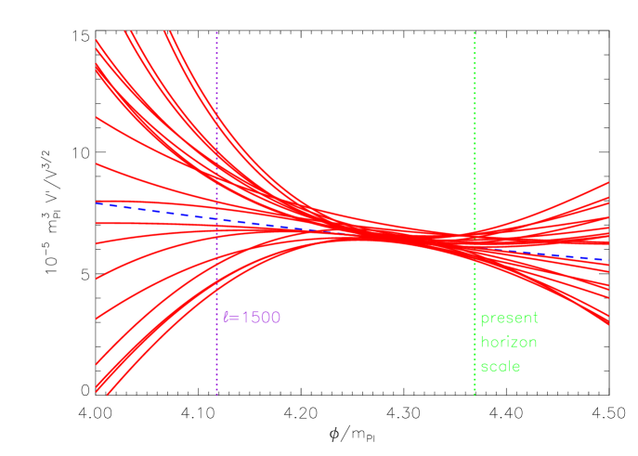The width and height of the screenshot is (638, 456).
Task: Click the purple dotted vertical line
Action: (x=216, y=139)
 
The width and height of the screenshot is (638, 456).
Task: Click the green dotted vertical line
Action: (x=475, y=139)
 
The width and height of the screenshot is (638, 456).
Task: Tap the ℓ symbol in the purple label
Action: (x=226, y=318)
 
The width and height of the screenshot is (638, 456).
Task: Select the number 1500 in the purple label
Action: (x=255, y=318)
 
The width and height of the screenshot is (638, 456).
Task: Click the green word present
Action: (x=508, y=319)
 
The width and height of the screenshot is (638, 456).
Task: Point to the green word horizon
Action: (x=508, y=342)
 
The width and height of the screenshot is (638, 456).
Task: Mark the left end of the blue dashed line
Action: (x=97, y=202)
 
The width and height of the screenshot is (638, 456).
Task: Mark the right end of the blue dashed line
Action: (x=607, y=260)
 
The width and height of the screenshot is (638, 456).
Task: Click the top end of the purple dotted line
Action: (x=216, y=33)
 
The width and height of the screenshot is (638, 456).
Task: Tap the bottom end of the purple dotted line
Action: (x=216, y=395)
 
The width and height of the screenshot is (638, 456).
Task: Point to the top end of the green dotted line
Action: (x=475, y=33)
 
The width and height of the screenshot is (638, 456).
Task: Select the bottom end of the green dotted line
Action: (x=475, y=395)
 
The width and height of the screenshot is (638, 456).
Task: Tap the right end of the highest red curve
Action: (x=608, y=183)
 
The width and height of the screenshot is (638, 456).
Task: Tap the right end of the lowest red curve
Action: (x=608, y=325)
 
